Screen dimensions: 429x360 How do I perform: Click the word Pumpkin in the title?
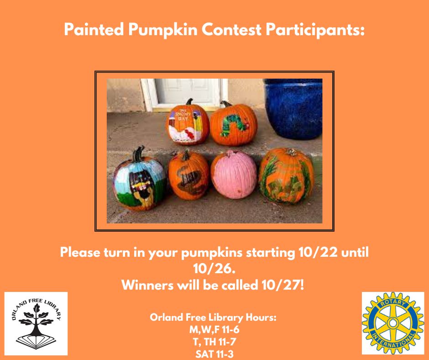pyautogui.click(x=163, y=30)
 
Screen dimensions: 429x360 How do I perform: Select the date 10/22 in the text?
pyautogui.click(x=318, y=252)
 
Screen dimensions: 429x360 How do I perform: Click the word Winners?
pyautogui.click(x=147, y=285)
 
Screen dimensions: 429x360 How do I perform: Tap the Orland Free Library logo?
pyautogui.click(x=36, y=323)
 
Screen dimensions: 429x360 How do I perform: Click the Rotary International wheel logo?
pyautogui.click(x=392, y=323)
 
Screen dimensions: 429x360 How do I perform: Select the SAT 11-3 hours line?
pyautogui.click(x=214, y=354)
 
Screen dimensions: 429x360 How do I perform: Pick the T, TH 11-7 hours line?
pyautogui.click(x=214, y=342)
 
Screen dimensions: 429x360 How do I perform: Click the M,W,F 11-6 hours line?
pyautogui.click(x=214, y=329)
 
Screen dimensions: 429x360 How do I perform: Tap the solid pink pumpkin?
pyautogui.click(x=234, y=174)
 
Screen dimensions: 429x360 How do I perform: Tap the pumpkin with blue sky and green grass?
pyautogui.click(x=140, y=180)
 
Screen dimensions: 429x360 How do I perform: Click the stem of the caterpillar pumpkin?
pyautogui.click(x=226, y=104)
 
